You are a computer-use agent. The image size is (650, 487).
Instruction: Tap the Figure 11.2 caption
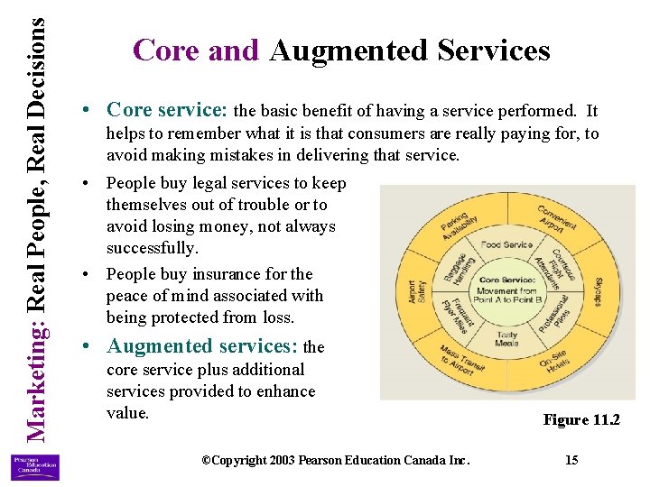click(580, 419)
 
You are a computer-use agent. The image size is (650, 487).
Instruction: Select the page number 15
click(571, 460)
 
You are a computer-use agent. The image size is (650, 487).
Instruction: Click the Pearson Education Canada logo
click(34, 466)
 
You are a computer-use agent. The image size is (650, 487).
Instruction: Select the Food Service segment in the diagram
click(506, 244)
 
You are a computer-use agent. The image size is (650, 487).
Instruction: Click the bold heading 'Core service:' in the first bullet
click(167, 110)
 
